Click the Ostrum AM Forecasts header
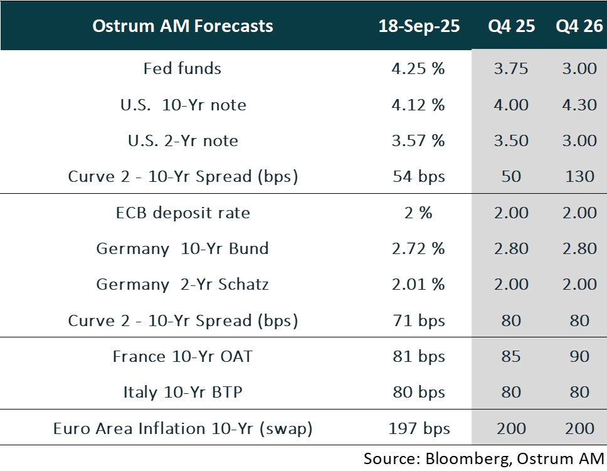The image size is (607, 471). pyautogui.click(x=182, y=26)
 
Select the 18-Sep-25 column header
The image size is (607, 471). pyautogui.click(x=419, y=26)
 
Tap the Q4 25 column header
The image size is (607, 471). pyautogui.click(x=511, y=26)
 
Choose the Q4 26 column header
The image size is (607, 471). pyautogui.click(x=574, y=26)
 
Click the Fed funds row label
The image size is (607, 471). pyautogui.click(x=182, y=68)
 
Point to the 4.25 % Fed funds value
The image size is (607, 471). pyautogui.click(x=418, y=68)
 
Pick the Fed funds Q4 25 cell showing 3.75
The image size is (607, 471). pyautogui.click(x=511, y=68)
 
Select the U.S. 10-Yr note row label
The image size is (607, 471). pyautogui.click(x=182, y=105)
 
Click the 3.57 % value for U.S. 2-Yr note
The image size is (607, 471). pyautogui.click(x=418, y=140)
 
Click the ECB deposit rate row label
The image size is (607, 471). pyautogui.click(x=182, y=213)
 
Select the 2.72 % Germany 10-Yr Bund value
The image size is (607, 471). pyautogui.click(x=418, y=248)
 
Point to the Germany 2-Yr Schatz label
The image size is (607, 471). pyautogui.click(x=182, y=285)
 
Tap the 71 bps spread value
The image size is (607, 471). pyautogui.click(x=418, y=320)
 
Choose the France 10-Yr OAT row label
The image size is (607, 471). pyautogui.click(x=182, y=357)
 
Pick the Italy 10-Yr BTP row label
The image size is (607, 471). pyautogui.click(x=182, y=393)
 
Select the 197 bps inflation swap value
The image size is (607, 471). pyautogui.click(x=418, y=429)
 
